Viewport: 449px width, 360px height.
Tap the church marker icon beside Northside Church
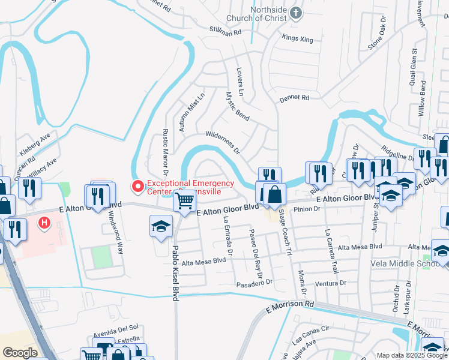pyautogui.click(x=295, y=13)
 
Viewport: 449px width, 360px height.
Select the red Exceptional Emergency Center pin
pyautogui.click(x=137, y=187)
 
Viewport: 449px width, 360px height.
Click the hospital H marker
pyautogui.click(x=43, y=224)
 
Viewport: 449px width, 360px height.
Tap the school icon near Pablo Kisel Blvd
pyautogui.click(x=160, y=227)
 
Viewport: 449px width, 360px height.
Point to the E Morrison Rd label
pyautogui.click(x=290, y=305)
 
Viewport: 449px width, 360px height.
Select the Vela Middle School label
pyautogui.click(x=420, y=264)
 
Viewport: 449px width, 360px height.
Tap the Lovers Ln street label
pyautogui.click(x=239, y=81)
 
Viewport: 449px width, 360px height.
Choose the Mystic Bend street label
pyautogui.click(x=237, y=105)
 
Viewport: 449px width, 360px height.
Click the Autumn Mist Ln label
pyautogui.click(x=192, y=109)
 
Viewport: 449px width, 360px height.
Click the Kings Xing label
pyautogui.click(x=298, y=37)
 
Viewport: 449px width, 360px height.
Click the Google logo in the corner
pyautogui.click(x=19, y=353)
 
